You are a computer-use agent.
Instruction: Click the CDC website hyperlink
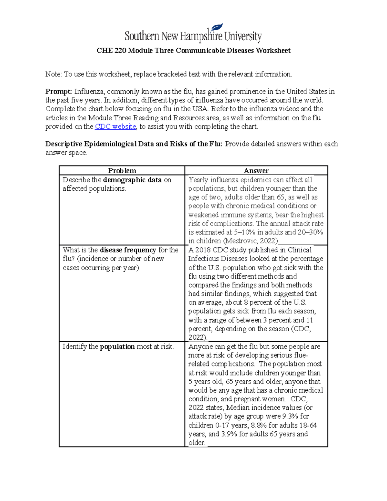115,126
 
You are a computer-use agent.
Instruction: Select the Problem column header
122,171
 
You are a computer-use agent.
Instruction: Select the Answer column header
256,171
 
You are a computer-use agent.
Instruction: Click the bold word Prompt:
58,92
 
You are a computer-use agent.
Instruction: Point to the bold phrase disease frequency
128,250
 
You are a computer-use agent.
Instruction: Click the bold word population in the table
117,346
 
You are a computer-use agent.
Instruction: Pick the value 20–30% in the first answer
310,232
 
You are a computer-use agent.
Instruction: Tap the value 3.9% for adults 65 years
229,434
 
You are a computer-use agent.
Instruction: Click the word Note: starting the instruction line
53,74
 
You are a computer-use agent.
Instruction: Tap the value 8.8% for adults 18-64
259,425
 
